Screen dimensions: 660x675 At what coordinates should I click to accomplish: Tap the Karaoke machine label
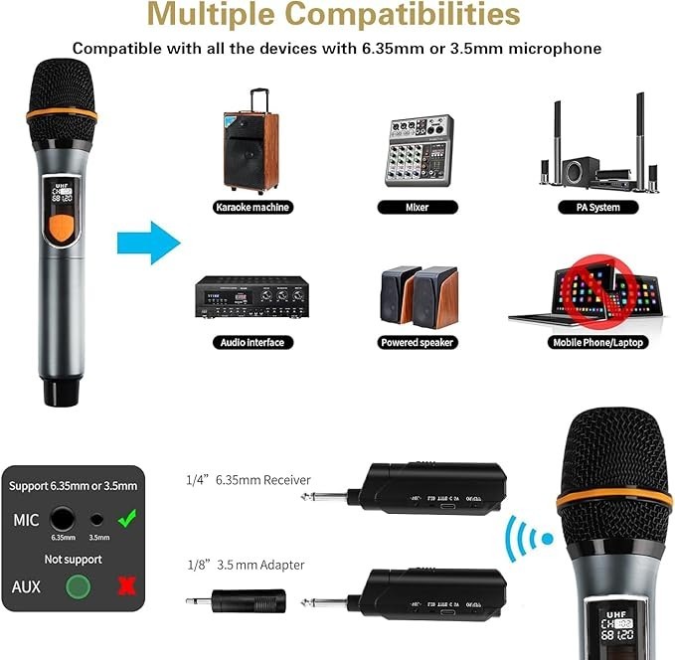pos(252,207)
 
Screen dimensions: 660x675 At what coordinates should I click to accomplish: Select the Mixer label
pos(418,207)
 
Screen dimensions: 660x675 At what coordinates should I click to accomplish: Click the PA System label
pos(597,207)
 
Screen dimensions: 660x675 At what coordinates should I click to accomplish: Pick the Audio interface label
pos(252,342)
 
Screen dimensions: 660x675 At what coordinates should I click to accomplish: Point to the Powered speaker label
pos(418,342)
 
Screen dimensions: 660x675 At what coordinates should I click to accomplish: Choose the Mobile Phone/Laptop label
pos(597,342)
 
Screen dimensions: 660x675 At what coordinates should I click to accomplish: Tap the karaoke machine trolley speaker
pos(250,145)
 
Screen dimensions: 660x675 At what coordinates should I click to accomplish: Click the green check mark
pos(126,518)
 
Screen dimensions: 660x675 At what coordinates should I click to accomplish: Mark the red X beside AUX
pos(125,585)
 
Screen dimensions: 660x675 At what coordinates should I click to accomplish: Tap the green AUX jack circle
pos(73,585)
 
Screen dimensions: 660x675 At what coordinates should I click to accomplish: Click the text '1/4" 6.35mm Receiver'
pos(248,480)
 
